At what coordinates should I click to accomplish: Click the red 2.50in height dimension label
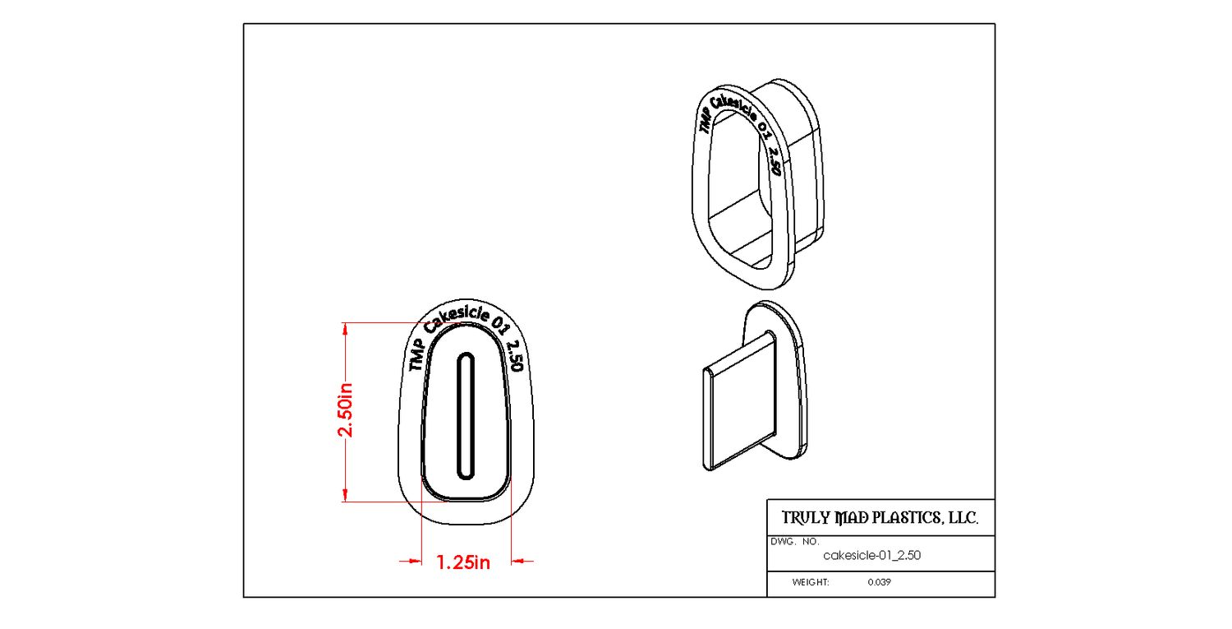click(346, 409)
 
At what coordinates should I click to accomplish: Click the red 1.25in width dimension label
click(463, 562)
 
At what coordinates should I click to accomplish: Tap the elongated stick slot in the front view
click(466, 416)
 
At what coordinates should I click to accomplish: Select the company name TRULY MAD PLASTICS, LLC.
click(880, 518)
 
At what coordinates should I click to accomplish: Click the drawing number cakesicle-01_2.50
click(871, 555)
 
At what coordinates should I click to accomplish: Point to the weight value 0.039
click(880, 582)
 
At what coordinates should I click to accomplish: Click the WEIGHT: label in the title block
click(811, 582)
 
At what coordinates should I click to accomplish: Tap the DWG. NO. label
click(795, 541)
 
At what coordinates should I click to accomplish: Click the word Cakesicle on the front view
click(457, 319)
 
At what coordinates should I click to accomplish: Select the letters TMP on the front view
click(416, 354)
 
